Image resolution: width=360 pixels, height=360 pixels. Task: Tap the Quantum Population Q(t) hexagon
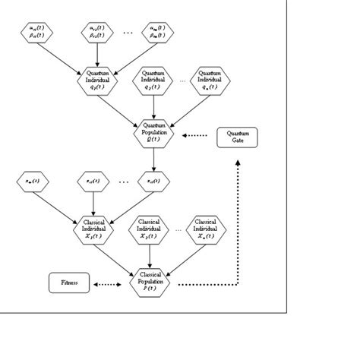tap(154, 131)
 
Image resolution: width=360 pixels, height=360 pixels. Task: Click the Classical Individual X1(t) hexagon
tap(94, 228)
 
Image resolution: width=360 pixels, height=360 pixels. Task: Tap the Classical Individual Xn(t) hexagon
tap(205, 228)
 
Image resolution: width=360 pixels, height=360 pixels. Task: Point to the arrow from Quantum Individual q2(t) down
tap(154, 106)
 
